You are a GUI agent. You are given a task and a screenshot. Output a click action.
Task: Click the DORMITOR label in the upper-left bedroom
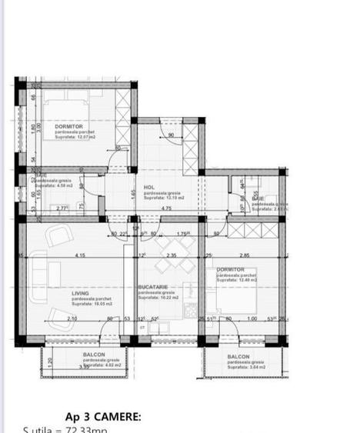pyautogui.click(x=70, y=125)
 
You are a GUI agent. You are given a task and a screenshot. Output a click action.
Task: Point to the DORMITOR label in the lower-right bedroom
pyautogui.click(x=230, y=269)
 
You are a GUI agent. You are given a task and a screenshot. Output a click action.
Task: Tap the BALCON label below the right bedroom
pyautogui.click(x=238, y=357)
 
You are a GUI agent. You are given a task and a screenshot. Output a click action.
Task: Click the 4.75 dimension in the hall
pyautogui.click(x=165, y=208)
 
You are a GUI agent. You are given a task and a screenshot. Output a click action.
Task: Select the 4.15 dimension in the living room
pyautogui.click(x=79, y=255)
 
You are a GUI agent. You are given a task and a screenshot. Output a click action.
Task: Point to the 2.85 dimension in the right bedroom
pyautogui.click(x=244, y=255)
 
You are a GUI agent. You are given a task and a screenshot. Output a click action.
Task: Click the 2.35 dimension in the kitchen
pyautogui.click(x=172, y=255)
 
